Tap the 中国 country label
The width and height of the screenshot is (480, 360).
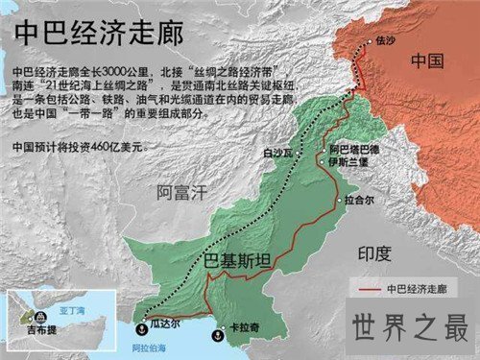pyautogui.click(x=425, y=61)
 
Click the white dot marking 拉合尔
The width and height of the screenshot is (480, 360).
pyautogui.click(x=341, y=200)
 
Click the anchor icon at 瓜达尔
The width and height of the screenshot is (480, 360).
pyautogui.click(x=140, y=324)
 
